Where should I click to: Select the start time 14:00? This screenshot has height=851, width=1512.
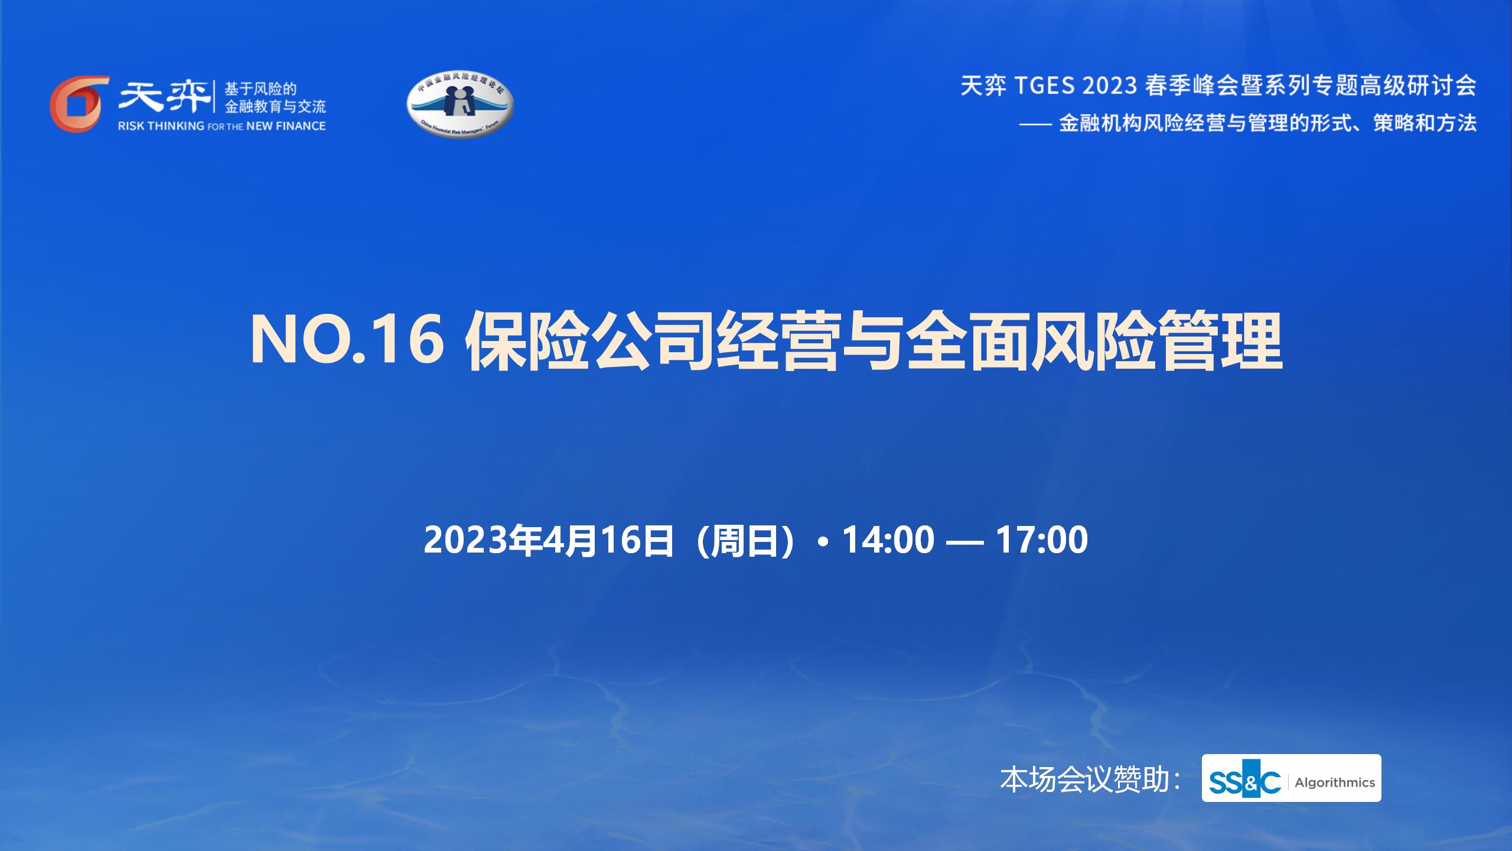pyautogui.click(x=888, y=540)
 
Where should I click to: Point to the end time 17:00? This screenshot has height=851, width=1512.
pyautogui.click(x=1042, y=540)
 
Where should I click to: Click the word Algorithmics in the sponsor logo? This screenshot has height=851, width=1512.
pyautogui.click(x=1335, y=782)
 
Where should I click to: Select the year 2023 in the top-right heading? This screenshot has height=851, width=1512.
pyautogui.click(x=1110, y=86)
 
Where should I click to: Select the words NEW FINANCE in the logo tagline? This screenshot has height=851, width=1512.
pyautogui.click(x=286, y=126)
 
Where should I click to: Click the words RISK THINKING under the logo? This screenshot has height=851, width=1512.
pyautogui.click(x=161, y=126)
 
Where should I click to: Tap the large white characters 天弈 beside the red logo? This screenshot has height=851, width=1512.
pyautogui.click(x=164, y=96)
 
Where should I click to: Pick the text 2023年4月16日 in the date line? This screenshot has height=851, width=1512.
pyautogui.click(x=549, y=540)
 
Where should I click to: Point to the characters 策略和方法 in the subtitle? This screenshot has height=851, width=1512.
pyautogui.click(x=1425, y=124)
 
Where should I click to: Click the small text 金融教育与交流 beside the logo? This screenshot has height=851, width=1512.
pyautogui.click(x=275, y=107)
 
